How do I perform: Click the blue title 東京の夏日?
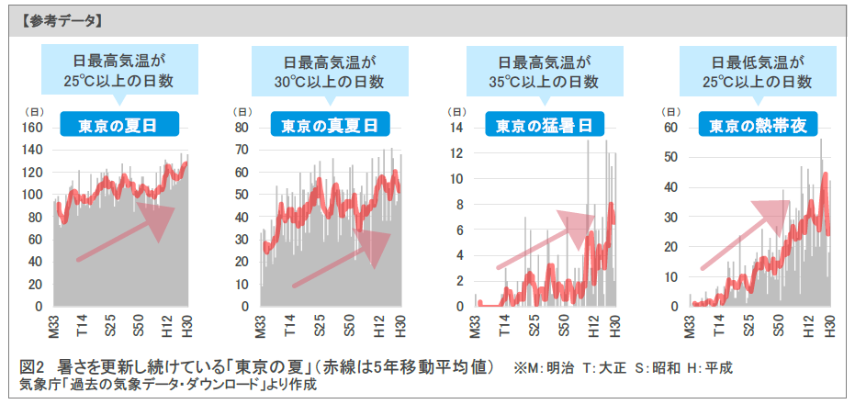(x=116, y=126)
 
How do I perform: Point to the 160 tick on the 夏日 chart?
(x=30, y=128)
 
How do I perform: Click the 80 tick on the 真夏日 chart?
(x=244, y=128)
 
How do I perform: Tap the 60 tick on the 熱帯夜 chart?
(x=669, y=128)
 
